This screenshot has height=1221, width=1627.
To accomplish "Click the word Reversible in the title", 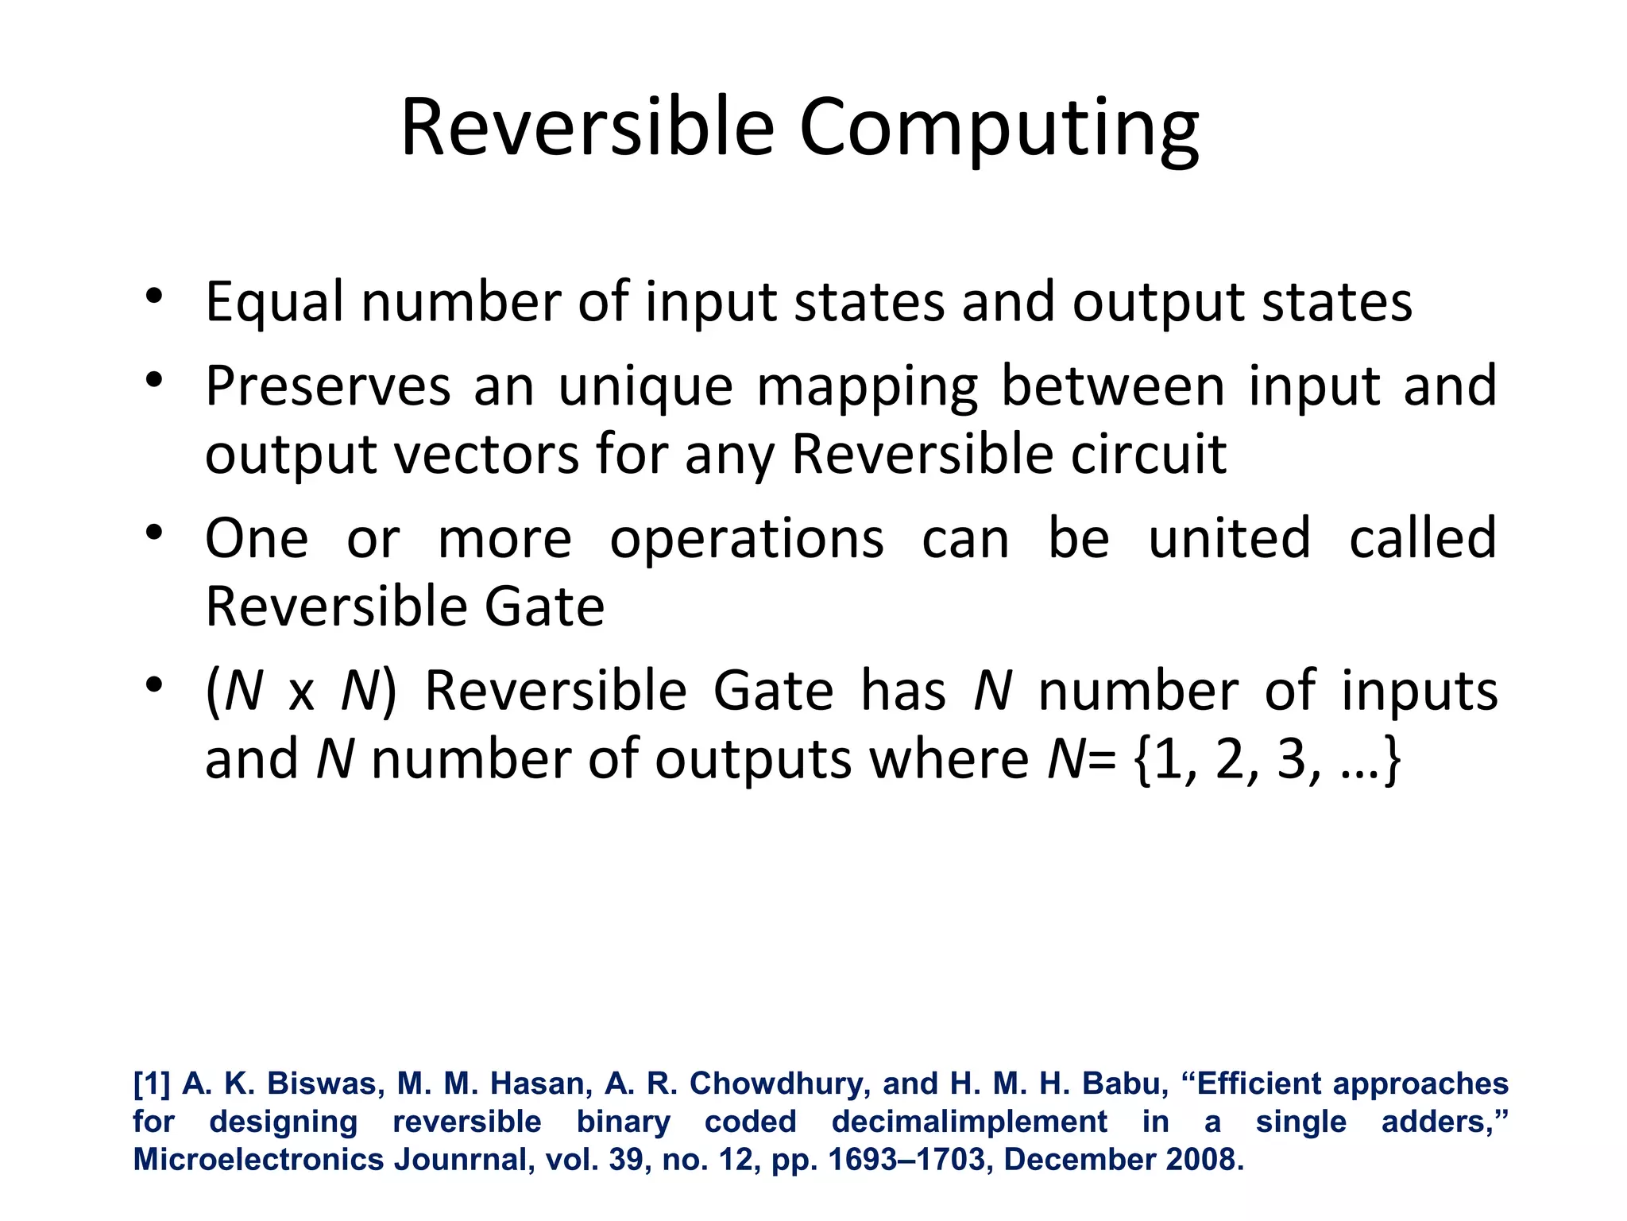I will point(587,127).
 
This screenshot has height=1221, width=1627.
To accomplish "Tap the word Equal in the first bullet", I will point(275,303).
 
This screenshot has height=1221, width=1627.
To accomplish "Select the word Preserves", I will point(328,386).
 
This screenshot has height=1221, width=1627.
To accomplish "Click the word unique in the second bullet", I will point(645,388).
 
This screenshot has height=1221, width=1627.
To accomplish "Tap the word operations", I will point(747,539).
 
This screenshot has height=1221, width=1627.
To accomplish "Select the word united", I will point(1229,538).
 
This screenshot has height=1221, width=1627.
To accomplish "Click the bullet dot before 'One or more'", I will point(154,531).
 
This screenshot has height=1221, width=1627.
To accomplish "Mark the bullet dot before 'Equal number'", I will point(154,296).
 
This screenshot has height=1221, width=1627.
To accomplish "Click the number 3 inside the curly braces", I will point(1292,759).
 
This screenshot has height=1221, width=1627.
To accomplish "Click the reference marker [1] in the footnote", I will point(151,1083).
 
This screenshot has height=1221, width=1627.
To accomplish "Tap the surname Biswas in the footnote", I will point(320,1083).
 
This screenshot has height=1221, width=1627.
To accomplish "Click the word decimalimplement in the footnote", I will point(969,1122).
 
